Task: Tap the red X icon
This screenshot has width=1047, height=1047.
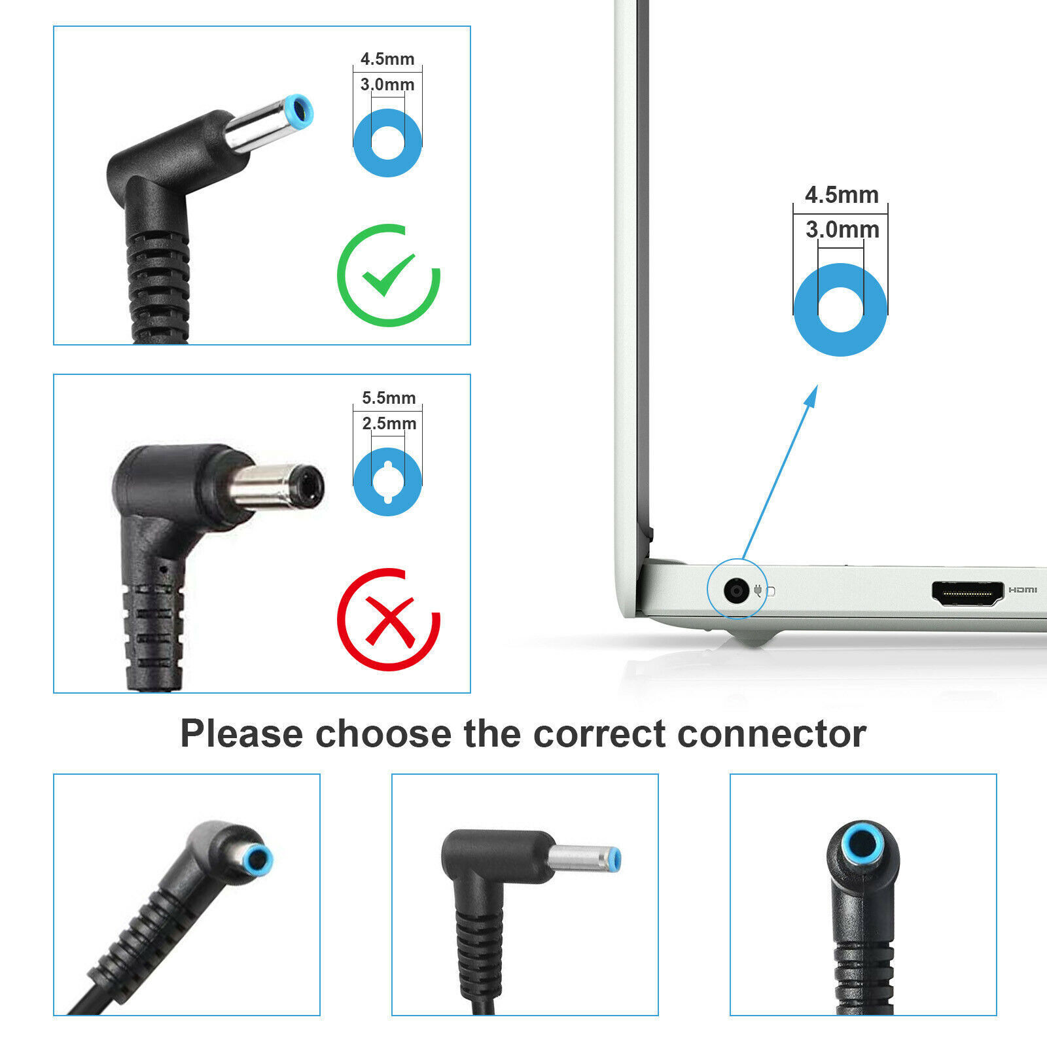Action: (389, 619)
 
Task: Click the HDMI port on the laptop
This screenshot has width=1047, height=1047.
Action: (967, 592)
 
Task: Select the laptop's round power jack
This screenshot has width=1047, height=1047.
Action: (736, 592)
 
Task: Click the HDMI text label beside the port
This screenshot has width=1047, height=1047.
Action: (1022, 590)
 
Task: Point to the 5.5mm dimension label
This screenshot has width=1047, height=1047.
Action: (389, 398)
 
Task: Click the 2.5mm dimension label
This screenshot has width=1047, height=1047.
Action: (389, 423)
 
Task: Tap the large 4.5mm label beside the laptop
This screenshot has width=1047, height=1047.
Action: (842, 195)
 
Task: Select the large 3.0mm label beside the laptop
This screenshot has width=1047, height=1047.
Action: (842, 230)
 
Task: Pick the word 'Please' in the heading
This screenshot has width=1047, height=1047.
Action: (241, 734)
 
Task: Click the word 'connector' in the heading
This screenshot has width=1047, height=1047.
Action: (772, 734)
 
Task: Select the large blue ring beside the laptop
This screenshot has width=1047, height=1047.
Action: (840, 310)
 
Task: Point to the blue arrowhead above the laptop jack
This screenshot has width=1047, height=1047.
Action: (812, 395)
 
